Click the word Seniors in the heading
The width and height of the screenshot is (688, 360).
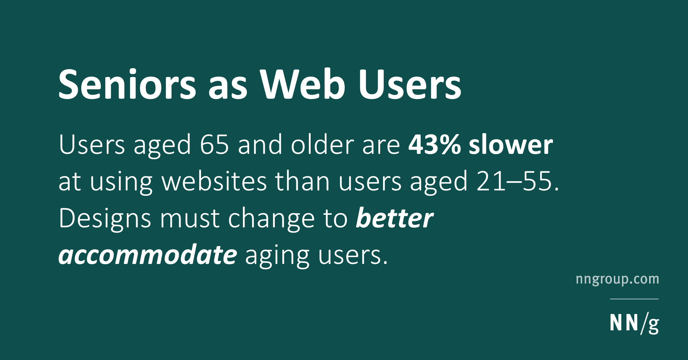click(x=127, y=84)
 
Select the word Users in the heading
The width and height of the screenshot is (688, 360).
click(x=410, y=84)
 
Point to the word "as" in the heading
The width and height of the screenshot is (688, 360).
click(x=228, y=89)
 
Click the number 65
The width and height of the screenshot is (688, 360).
click(x=214, y=145)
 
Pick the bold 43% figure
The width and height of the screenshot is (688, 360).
click(x=435, y=145)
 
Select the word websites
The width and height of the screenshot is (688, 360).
click(x=214, y=181)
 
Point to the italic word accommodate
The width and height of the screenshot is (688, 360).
click(x=148, y=255)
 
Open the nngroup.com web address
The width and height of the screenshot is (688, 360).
click(x=617, y=279)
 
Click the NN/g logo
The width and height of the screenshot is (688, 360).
click(x=634, y=323)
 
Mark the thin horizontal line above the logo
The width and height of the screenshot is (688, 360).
click(x=634, y=299)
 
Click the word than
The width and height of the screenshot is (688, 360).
click(x=302, y=181)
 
